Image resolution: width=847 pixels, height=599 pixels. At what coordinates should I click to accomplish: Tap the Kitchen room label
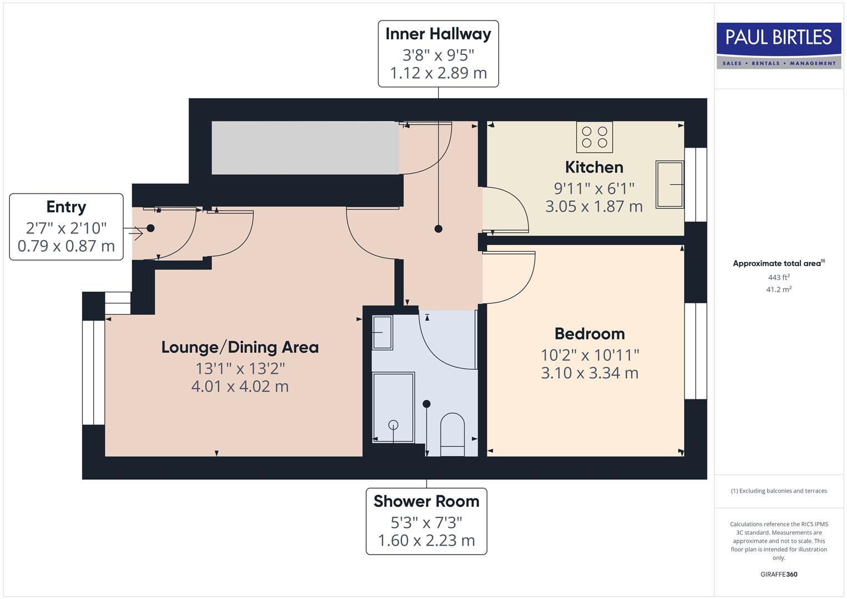coord(594,167)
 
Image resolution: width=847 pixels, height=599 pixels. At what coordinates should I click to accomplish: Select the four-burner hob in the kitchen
coord(595,137)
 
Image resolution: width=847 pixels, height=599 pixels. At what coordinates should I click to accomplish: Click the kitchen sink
coord(670,184)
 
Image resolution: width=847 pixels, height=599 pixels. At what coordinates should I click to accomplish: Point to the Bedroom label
coord(590,333)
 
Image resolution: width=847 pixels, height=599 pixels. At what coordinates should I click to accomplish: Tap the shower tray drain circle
coord(393,425)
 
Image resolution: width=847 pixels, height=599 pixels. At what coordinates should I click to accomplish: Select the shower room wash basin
coord(382,332)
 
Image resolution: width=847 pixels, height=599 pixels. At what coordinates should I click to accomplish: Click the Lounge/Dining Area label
coord(240,347)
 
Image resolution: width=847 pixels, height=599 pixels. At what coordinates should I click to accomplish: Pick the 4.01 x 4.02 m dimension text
coord(240,386)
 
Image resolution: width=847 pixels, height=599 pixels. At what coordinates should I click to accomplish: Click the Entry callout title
coord(66,207)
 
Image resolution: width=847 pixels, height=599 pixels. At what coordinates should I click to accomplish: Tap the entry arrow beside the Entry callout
coord(135,233)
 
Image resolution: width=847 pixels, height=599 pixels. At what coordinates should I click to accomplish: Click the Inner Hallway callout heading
coord(438,34)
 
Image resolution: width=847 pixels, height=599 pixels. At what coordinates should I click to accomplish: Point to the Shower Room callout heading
coord(426,501)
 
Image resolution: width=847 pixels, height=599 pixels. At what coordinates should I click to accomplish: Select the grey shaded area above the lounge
coord(305,148)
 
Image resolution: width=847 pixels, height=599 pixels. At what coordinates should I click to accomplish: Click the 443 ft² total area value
coord(779,277)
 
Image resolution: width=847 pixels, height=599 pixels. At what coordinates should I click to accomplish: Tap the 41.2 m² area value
coord(779,290)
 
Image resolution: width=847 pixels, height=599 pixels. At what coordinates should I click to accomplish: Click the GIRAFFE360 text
coord(779,574)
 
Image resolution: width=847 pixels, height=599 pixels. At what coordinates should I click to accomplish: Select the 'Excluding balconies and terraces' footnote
coord(779,491)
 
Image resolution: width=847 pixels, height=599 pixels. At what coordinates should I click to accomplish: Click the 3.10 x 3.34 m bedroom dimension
coord(590,373)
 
